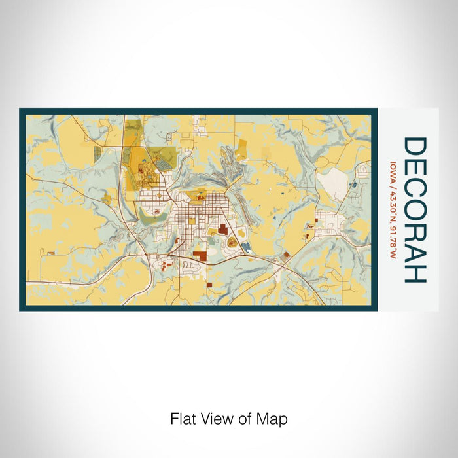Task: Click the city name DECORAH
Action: [x=415, y=209]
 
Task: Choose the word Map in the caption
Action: [x=273, y=419]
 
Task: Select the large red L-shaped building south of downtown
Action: [x=198, y=256]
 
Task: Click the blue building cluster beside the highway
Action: [x=246, y=247]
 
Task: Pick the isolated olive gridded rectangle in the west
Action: [x=97, y=154]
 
